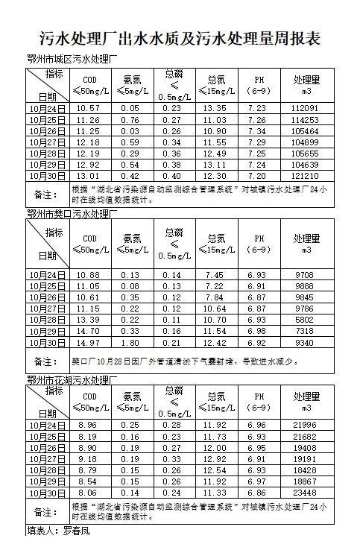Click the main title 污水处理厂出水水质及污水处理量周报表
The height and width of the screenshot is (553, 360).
click(x=180, y=39)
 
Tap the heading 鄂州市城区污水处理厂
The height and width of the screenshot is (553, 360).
click(x=72, y=60)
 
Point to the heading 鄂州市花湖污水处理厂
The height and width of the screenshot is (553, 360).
click(x=72, y=381)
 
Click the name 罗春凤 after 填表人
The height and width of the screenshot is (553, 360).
click(x=76, y=531)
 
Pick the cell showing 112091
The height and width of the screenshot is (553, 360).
click(x=306, y=109)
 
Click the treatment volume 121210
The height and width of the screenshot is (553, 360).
click(x=306, y=176)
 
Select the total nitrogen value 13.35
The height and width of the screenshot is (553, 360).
click(x=216, y=109)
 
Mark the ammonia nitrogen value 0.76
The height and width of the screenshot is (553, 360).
click(x=131, y=120)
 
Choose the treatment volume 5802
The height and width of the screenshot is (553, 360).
click(x=306, y=320)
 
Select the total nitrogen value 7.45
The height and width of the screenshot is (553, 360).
click(x=216, y=275)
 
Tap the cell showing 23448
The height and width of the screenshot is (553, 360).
click(x=306, y=493)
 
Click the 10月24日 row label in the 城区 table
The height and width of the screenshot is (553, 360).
click(x=48, y=109)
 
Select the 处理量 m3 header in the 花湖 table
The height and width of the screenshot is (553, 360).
click(x=306, y=402)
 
